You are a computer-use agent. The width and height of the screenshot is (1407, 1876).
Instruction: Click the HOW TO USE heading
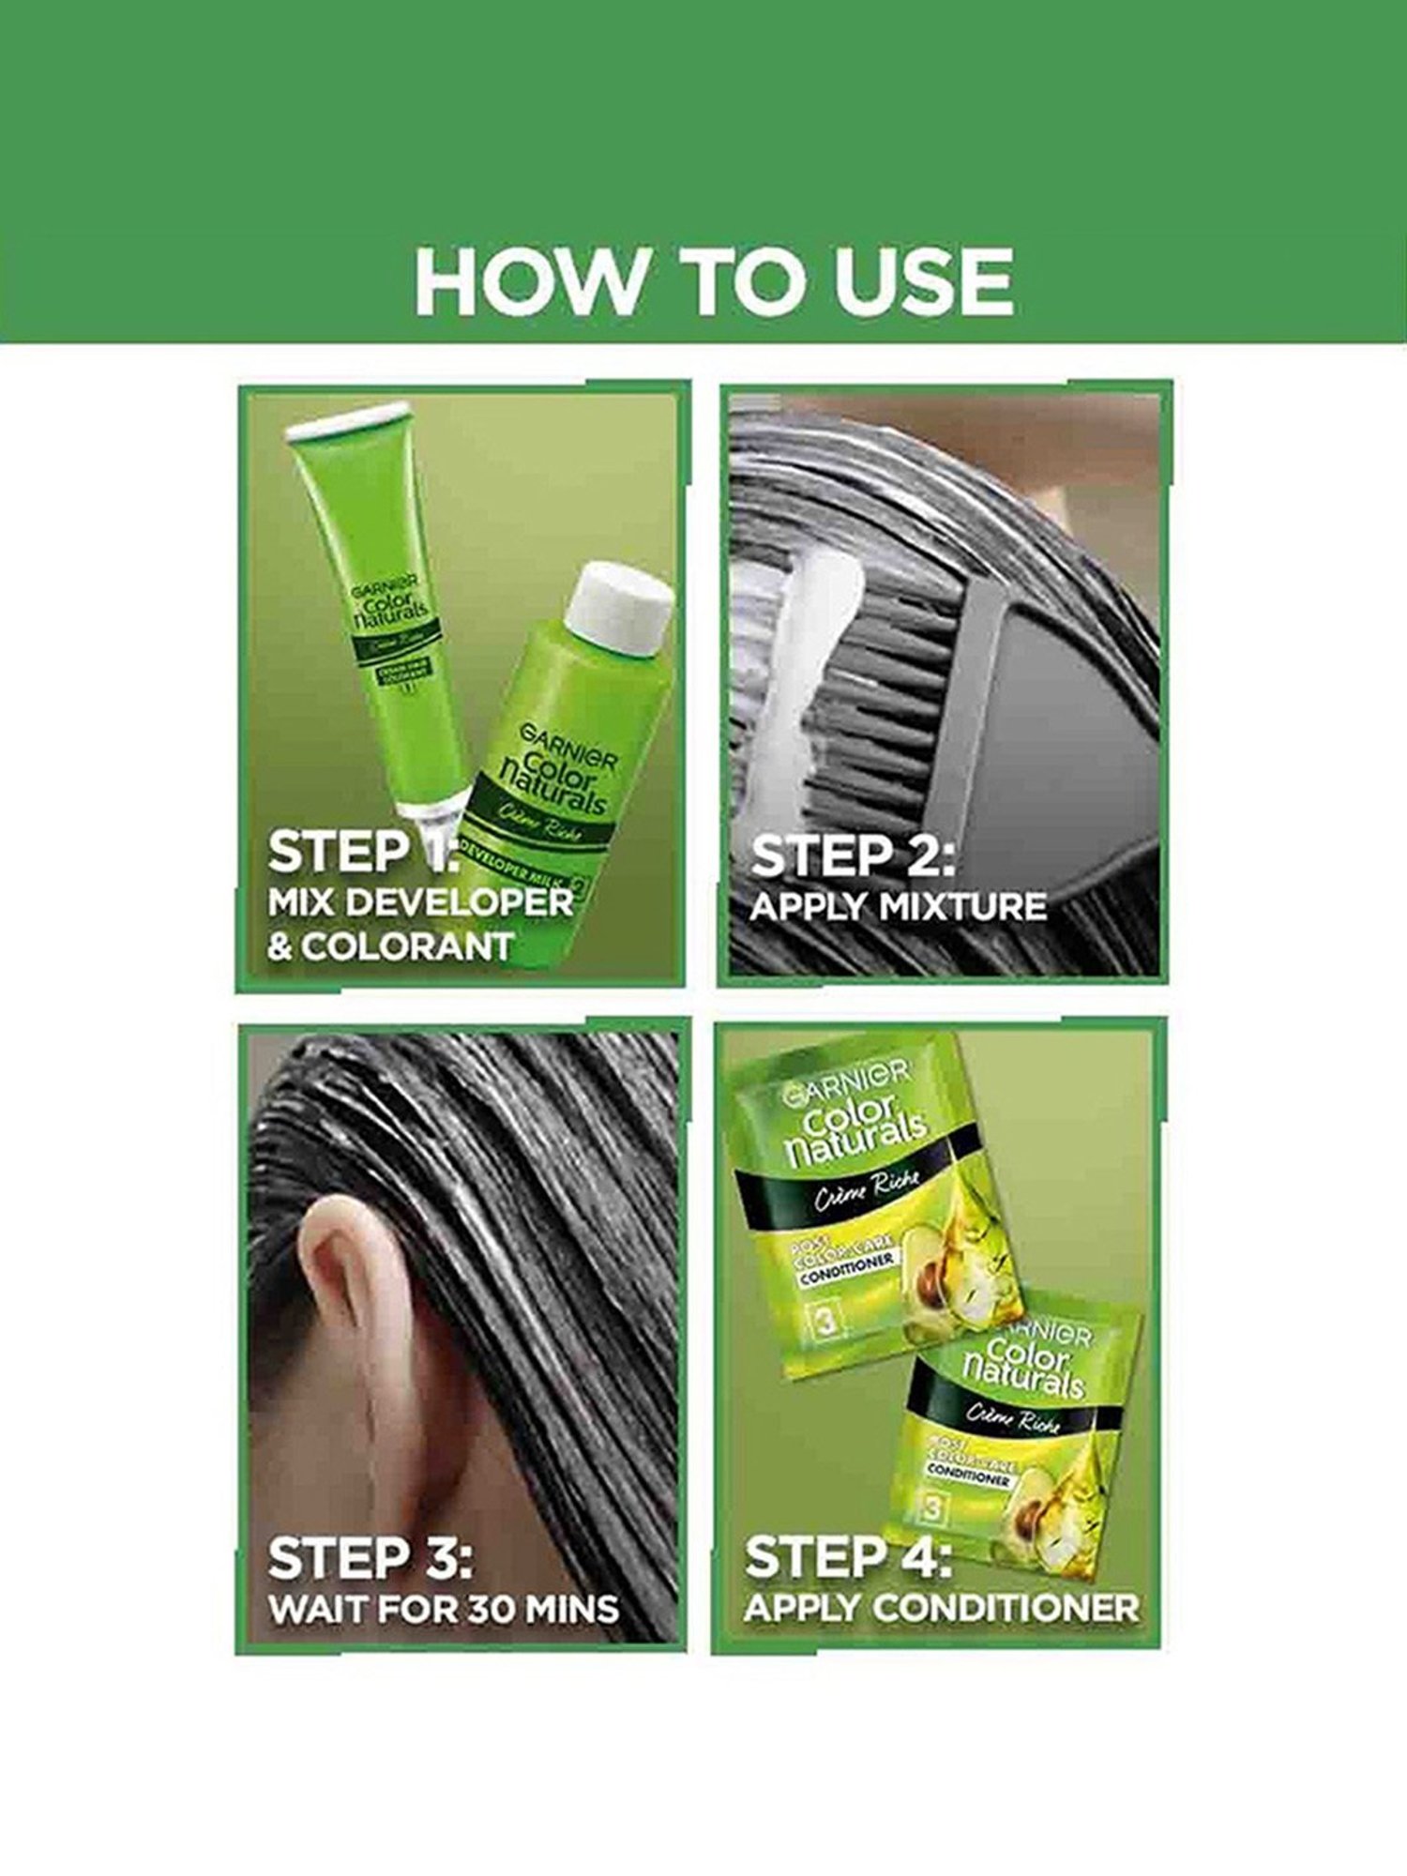tap(713, 282)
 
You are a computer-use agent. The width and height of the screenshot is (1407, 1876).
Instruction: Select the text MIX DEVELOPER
tap(419, 902)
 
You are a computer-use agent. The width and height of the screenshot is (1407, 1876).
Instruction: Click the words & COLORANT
tap(390, 946)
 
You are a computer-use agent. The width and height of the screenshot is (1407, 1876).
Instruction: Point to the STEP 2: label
tap(852, 855)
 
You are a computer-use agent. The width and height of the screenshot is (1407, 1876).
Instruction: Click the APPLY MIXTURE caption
tap(898, 906)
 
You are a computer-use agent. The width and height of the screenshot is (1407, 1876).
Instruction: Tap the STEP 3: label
tap(371, 1558)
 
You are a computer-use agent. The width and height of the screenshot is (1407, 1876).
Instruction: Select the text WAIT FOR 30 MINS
tap(443, 1609)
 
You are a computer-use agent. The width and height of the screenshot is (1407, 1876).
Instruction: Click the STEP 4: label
tap(848, 1558)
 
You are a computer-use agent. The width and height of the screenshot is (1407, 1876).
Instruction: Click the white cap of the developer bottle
tap(621, 609)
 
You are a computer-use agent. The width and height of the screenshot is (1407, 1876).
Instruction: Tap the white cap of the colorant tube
tap(349, 422)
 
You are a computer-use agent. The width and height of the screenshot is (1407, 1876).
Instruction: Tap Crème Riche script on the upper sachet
tap(865, 1189)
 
